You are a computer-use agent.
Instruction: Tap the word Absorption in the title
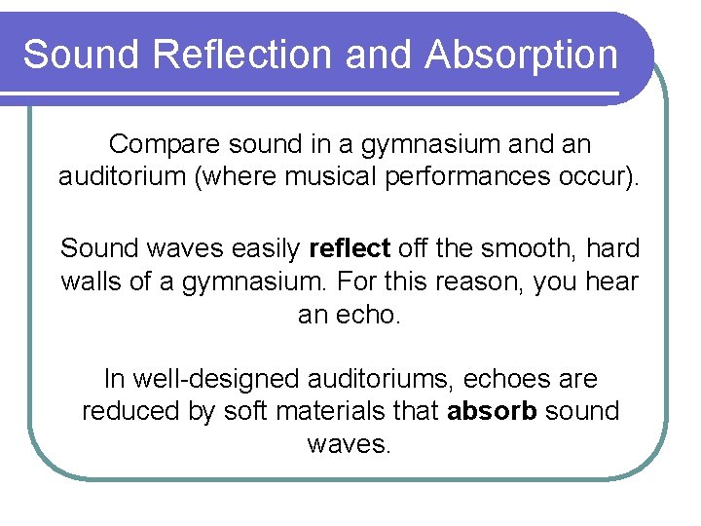[x=521, y=55]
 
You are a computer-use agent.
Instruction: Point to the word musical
[x=365, y=177]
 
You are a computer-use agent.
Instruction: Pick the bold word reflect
[x=349, y=248]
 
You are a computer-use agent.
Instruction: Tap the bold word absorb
[x=492, y=411]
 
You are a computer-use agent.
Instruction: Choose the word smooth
[x=524, y=248]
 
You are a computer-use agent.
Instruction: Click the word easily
[x=266, y=248]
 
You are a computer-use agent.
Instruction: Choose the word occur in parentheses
[x=601, y=177]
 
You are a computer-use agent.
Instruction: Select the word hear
[x=613, y=282]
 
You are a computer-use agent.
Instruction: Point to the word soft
[x=245, y=411]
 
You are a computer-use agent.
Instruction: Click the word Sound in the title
[x=82, y=55]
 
